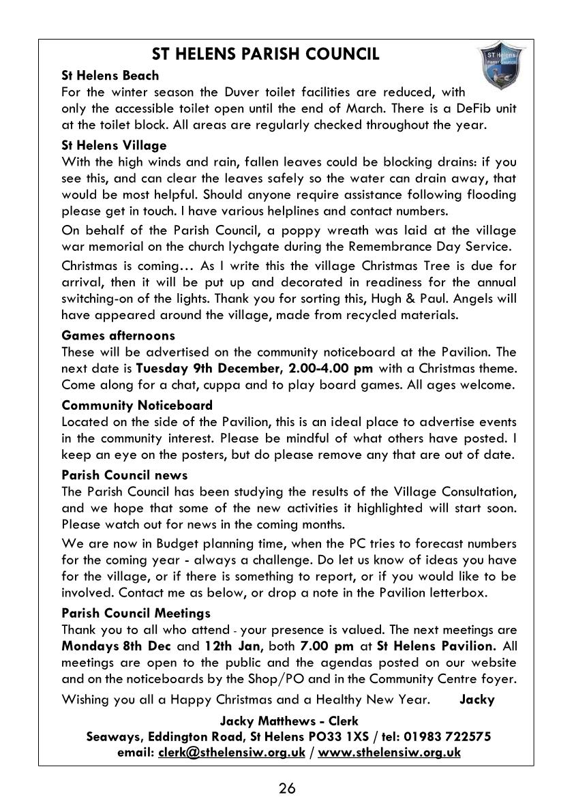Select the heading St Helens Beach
pos(110,76)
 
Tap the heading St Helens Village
pos(114,146)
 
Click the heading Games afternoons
pos(118,335)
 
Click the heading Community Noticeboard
pos(137,406)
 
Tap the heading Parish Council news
pos(124,475)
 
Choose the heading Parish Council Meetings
pos(136,614)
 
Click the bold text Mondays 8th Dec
pos(110,646)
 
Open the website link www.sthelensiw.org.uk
pos(389,753)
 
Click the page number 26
pos(287,789)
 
